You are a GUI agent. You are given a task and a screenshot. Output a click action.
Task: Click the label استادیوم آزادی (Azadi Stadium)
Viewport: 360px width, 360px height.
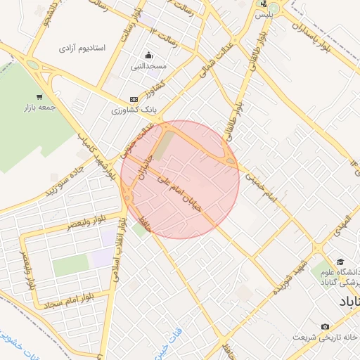81,49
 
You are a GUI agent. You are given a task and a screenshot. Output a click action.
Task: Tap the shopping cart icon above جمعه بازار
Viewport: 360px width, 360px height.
39,97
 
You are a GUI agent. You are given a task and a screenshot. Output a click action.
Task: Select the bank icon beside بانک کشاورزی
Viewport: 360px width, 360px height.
134,101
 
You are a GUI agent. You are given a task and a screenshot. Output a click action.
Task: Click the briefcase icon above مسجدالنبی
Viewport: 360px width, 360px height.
148,56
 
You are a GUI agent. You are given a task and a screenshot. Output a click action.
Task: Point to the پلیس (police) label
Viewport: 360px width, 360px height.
264,14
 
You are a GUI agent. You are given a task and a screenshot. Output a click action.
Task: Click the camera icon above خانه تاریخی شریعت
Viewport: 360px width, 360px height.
324,327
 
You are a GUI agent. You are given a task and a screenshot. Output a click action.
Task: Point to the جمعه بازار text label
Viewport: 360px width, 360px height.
38,108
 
